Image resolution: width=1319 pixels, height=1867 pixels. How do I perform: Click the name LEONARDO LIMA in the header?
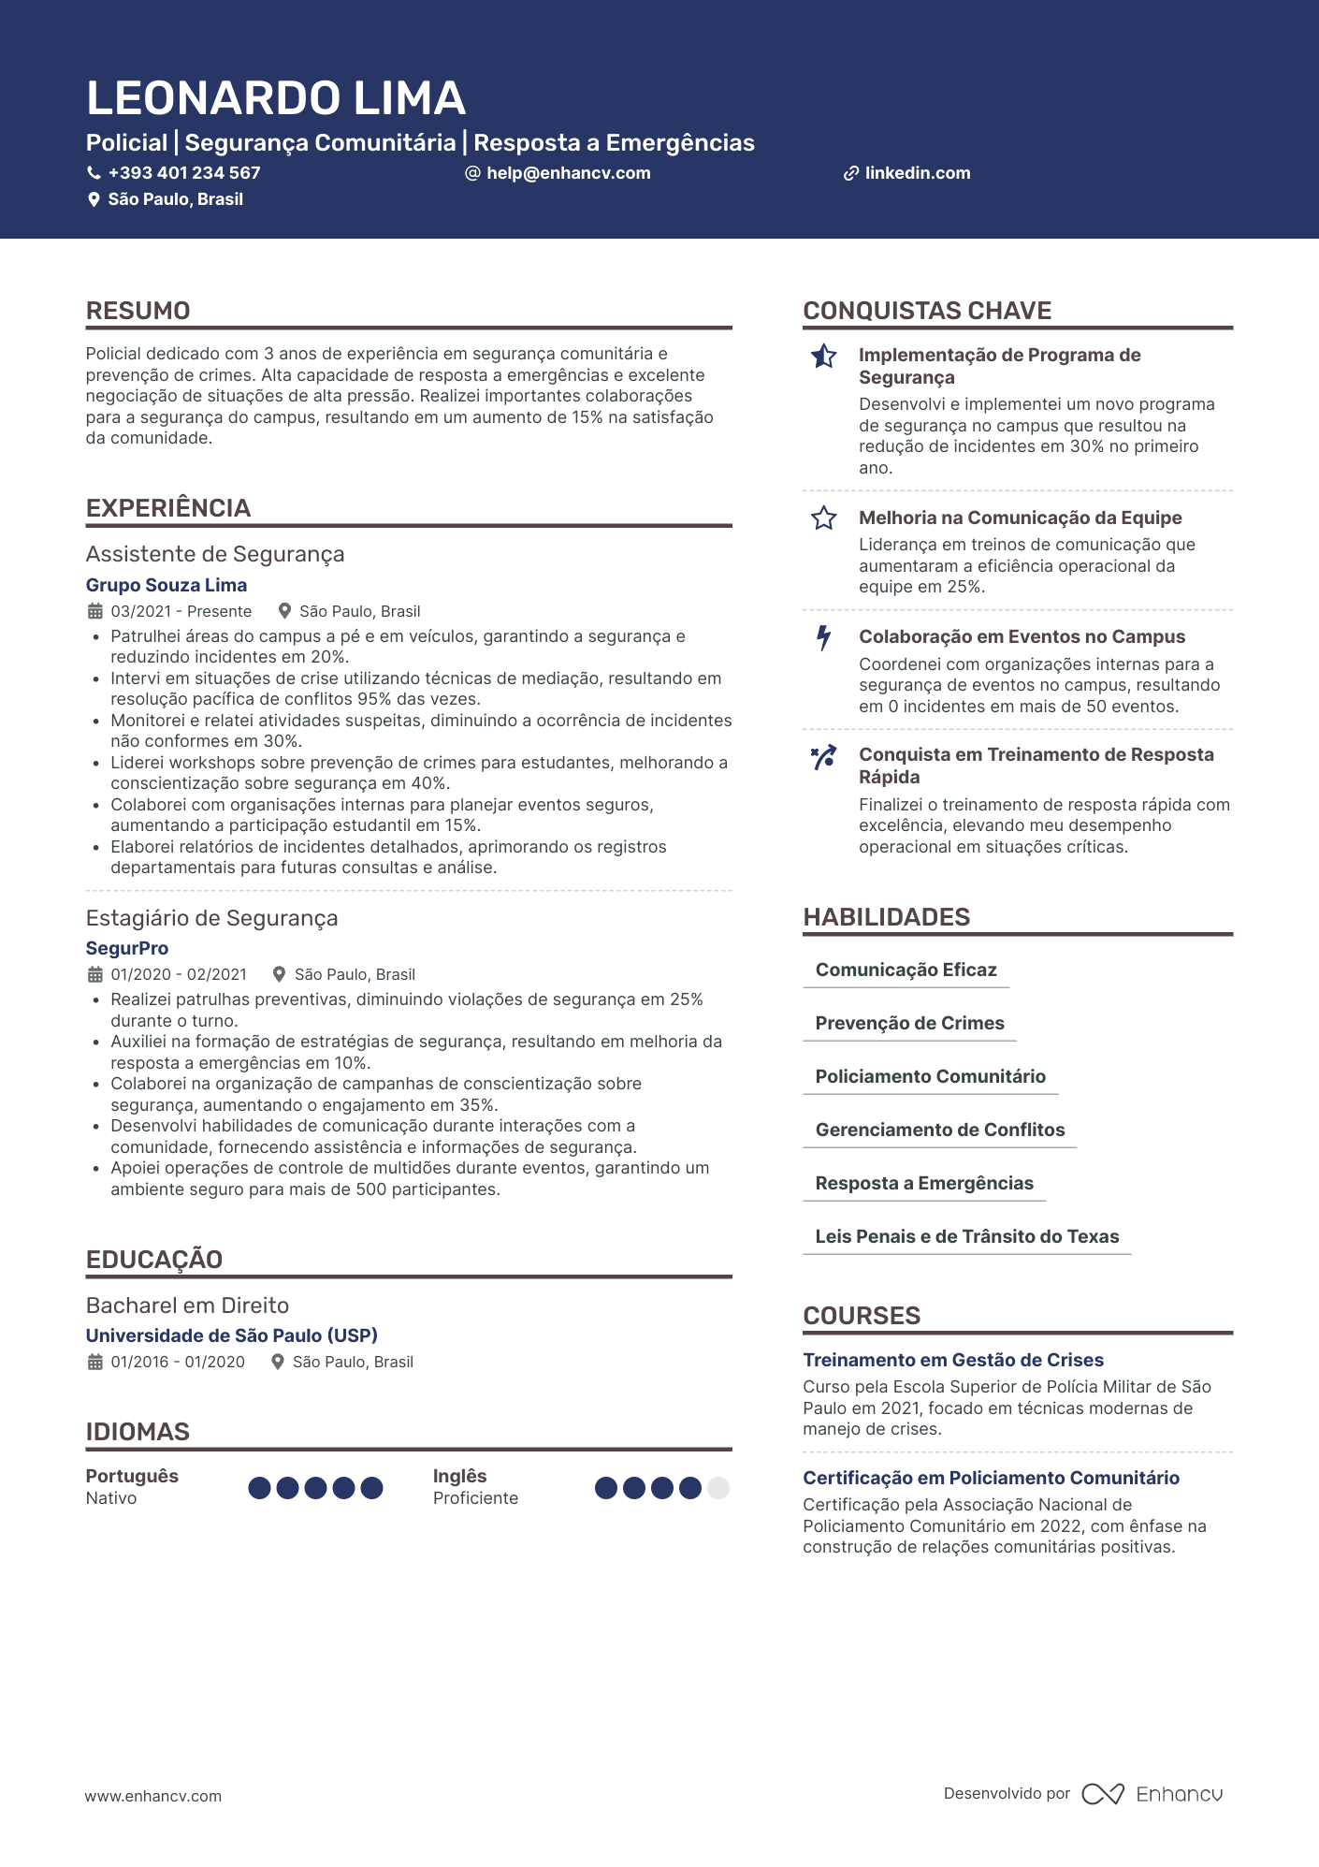pyautogui.click(x=276, y=98)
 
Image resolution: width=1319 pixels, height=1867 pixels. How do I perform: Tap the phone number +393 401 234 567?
pyautogui.click(x=183, y=173)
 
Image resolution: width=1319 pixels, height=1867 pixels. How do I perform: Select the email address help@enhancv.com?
pyautogui.click(x=568, y=173)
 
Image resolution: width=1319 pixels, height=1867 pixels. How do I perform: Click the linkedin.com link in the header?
pyautogui.click(x=917, y=173)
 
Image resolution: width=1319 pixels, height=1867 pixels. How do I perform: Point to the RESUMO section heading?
pyautogui.click(x=138, y=311)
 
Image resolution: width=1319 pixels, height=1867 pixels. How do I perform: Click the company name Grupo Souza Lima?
pyautogui.click(x=167, y=585)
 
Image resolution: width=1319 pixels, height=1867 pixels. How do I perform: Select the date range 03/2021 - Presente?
pyautogui.click(x=181, y=611)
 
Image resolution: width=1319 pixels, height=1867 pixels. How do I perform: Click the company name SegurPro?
pyautogui.click(x=127, y=948)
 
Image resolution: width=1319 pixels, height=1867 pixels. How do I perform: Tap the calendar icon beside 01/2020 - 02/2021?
pyautogui.click(x=95, y=974)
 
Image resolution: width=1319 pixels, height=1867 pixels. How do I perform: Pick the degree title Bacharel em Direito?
pyautogui.click(x=187, y=1305)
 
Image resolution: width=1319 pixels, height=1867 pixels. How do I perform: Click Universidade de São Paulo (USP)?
pyautogui.click(x=232, y=1335)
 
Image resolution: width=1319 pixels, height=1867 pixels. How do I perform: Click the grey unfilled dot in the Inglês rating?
pyautogui.click(x=718, y=1488)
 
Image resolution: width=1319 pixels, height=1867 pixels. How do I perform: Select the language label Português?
pyautogui.click(x=132, y=1476)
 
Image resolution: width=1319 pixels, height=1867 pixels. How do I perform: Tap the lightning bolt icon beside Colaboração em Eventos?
pyautogui.click(x=823, y=637)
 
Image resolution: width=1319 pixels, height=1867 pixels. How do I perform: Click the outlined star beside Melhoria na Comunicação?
pyautogui.click(x=823, y=518)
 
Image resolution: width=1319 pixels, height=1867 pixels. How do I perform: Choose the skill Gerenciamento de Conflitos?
pyautogui.click(x=939, y=1130)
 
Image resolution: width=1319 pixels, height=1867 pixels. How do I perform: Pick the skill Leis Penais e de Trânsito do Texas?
pyautogui.click(x=966, y=1236)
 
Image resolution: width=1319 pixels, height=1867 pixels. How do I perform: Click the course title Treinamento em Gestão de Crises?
pyautogui.click(x=953, y=1360)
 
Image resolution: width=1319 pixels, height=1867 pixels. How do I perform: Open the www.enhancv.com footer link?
pyautogui.click(x=153, y=1796)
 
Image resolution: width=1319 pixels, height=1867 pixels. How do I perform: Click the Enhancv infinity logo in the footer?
pyautogui.click(x=1103, y=1794)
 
